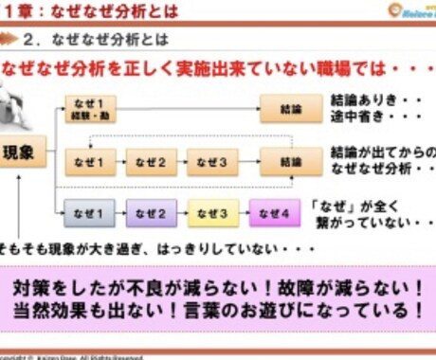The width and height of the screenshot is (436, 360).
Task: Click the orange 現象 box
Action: (x=25, y=152)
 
